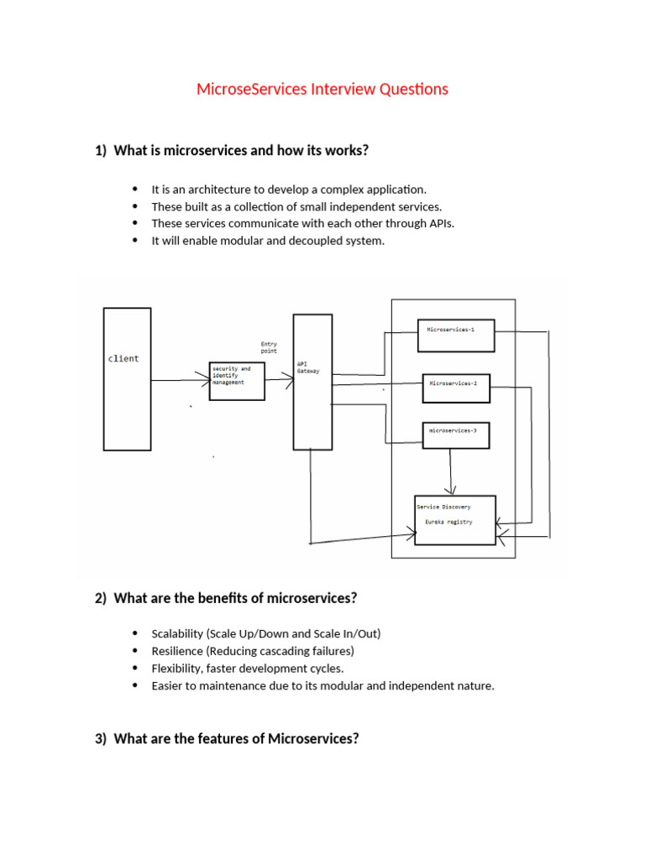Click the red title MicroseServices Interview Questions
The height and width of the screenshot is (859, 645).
(x=322, y=89)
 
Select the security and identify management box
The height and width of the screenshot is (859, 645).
(x=236, y=381)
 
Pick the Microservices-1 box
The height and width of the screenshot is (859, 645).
(x=455, y=335)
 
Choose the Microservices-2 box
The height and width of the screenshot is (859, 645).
(x=455, y=388)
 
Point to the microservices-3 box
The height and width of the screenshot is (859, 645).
(x=455, y=435)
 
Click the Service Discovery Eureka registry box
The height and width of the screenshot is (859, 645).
(x=455, y=519)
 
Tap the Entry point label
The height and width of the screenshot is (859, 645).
(x=269, y=347)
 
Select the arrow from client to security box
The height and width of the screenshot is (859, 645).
(x=180, y=381)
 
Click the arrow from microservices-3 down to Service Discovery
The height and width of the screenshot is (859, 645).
(x=452, y=470)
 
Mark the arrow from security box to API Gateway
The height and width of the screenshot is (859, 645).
(x=278, y=380)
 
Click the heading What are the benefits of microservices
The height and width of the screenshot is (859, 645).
(x=235, y=598)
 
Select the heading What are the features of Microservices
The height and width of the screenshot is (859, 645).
(x=236, y=739)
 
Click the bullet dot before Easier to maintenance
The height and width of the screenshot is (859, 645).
(x=134, y=686)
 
